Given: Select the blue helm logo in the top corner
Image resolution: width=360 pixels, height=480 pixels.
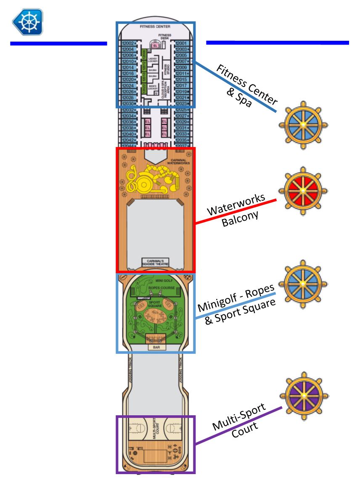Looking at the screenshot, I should click(28, 21).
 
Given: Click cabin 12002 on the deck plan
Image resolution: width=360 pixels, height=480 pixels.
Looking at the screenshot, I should click(128, 43).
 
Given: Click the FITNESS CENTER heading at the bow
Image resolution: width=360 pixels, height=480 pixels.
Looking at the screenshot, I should click(155, 26).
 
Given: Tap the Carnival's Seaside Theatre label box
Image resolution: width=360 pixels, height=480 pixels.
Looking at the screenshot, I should click(155, 261).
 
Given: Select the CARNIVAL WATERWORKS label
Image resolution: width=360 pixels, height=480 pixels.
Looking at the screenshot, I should click(178, 161).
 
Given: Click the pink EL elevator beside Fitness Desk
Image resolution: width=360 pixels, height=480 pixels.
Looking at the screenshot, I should click(155, 45).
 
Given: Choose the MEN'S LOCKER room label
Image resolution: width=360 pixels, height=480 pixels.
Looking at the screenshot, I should click(152, 87).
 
